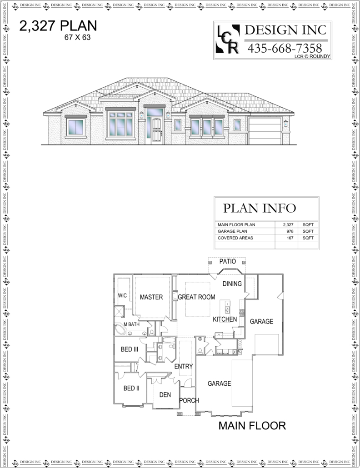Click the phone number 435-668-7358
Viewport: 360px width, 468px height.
(x=285, y=48)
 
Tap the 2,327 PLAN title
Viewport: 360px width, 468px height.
(x=58, y=26)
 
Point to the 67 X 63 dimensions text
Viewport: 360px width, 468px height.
(x=78, y=37)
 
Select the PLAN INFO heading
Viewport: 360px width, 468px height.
(x=260, y=208)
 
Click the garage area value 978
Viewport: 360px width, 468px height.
(x=290, y=231)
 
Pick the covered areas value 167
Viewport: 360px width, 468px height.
(x=290, y=238)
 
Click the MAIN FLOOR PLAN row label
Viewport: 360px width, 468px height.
(x=236, y=225)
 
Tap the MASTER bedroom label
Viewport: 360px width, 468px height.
(x=151, y=297)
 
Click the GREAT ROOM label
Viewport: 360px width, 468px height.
(x=196, y=297)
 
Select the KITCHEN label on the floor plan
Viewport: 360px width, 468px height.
(x=225, y=319)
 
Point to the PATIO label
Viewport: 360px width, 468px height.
(x=227, y=261)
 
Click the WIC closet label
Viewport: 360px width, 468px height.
(x=122, y=295)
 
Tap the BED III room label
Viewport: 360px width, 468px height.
(x=130, y=349)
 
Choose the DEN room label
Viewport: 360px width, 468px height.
(x=165, y=395)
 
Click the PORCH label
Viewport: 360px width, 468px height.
(x=189, y=401)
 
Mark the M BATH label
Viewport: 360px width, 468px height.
(x=131, y=324)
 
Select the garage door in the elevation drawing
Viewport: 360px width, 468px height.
(x=265, y=131)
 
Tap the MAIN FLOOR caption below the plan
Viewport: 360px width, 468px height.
(x=252, y=426)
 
